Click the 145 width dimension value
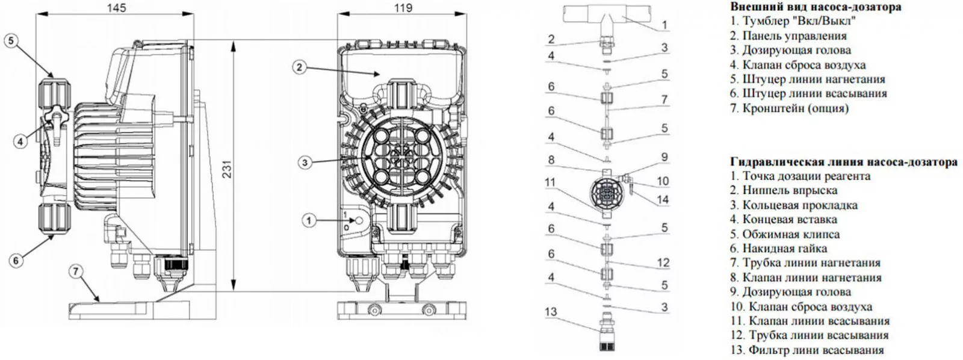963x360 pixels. click(x=116, y=8)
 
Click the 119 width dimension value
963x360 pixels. click(x=403, y=8)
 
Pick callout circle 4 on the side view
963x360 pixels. click(x=21, y=141)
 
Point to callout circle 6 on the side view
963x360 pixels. click(x=16, y=260)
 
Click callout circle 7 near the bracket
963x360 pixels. click(x=75, y=272)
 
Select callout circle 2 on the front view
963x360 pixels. click(x=300, y=67)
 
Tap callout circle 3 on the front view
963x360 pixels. click(x=305, y=162)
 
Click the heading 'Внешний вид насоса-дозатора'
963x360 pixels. click(x=816, y=7)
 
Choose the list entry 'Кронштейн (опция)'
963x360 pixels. click(x=789, y=108)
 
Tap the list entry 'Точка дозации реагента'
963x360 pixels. click(x=800, y=176)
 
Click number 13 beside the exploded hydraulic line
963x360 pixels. click(x=551, y=312)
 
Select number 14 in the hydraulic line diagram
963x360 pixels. click(x=663, y=199)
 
